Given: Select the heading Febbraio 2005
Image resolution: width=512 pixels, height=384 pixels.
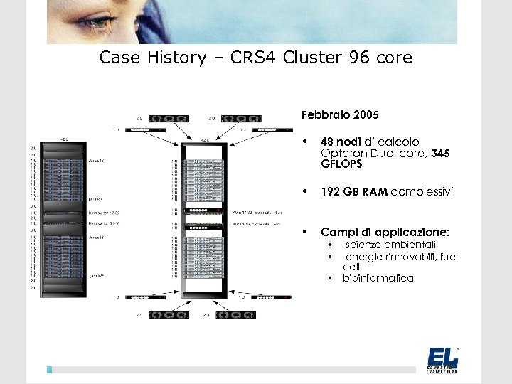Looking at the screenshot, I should coord(340,114).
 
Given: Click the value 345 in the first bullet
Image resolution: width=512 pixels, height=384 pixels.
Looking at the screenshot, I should coord(440,153).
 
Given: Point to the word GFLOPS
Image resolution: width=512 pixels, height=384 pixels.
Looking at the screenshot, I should coord(341,164).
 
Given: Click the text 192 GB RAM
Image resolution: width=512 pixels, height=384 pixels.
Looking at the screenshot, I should coord(354,191).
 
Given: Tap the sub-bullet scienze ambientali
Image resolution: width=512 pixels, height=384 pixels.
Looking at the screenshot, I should coord(390,245).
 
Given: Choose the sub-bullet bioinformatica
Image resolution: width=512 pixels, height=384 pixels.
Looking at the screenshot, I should coord(378,278).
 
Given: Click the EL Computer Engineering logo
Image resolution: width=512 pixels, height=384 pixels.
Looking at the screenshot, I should coord(442,359).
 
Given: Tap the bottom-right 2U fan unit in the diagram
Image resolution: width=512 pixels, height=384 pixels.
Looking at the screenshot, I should coord(236,314).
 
